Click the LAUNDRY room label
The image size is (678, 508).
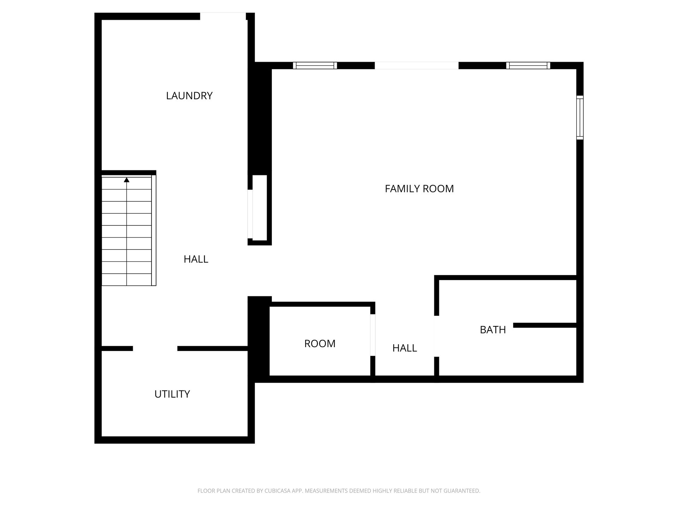click(x=189, y=96)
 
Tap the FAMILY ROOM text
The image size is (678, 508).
click(x=419, y=189)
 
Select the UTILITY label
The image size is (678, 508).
click(x=172, y=394)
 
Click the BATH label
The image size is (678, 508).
click(x=493, y=330)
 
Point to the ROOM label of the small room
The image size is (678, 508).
click(x=320, y=344)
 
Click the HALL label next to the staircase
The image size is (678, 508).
click(x=196, y=259)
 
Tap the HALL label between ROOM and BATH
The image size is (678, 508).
click(x=404, y=348)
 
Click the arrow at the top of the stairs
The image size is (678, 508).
click(x=126, y=180)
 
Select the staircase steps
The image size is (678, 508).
click(x=126, y=233)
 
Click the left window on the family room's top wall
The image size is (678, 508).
click(x=315, y=66)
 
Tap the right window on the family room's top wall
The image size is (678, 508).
click(x=528, y=66)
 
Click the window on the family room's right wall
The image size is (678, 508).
click(x=579, y=117)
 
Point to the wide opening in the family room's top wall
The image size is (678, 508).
click(x=416, y=66)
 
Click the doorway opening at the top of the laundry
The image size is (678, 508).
click(x=223, y=16)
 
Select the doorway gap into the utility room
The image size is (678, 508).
click(x=155, y=349)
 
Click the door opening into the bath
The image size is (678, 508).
click(x=436, y=336)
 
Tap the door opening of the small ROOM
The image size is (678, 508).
click(x=373, y=335)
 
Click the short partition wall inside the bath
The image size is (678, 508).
click(x=544, y=325)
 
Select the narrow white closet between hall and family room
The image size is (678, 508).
click(x=260, y=208)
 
